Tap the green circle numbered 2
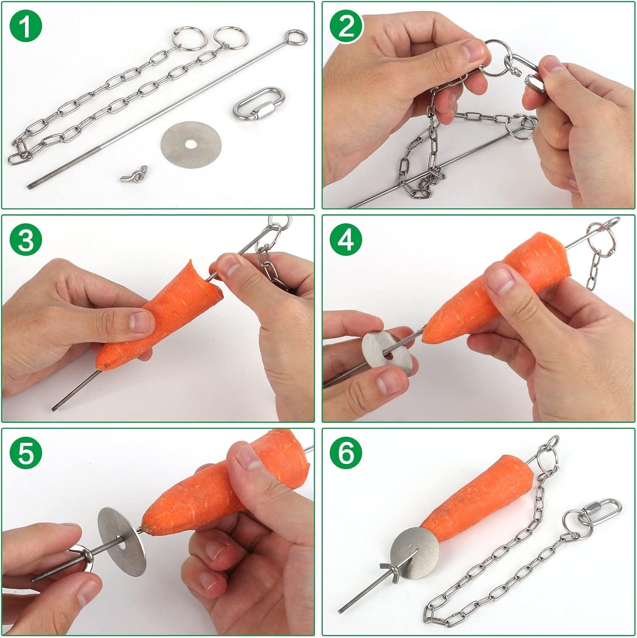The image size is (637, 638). point(347,27)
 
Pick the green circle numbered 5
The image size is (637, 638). point(26,453)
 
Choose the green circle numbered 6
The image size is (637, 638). point(347,453)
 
